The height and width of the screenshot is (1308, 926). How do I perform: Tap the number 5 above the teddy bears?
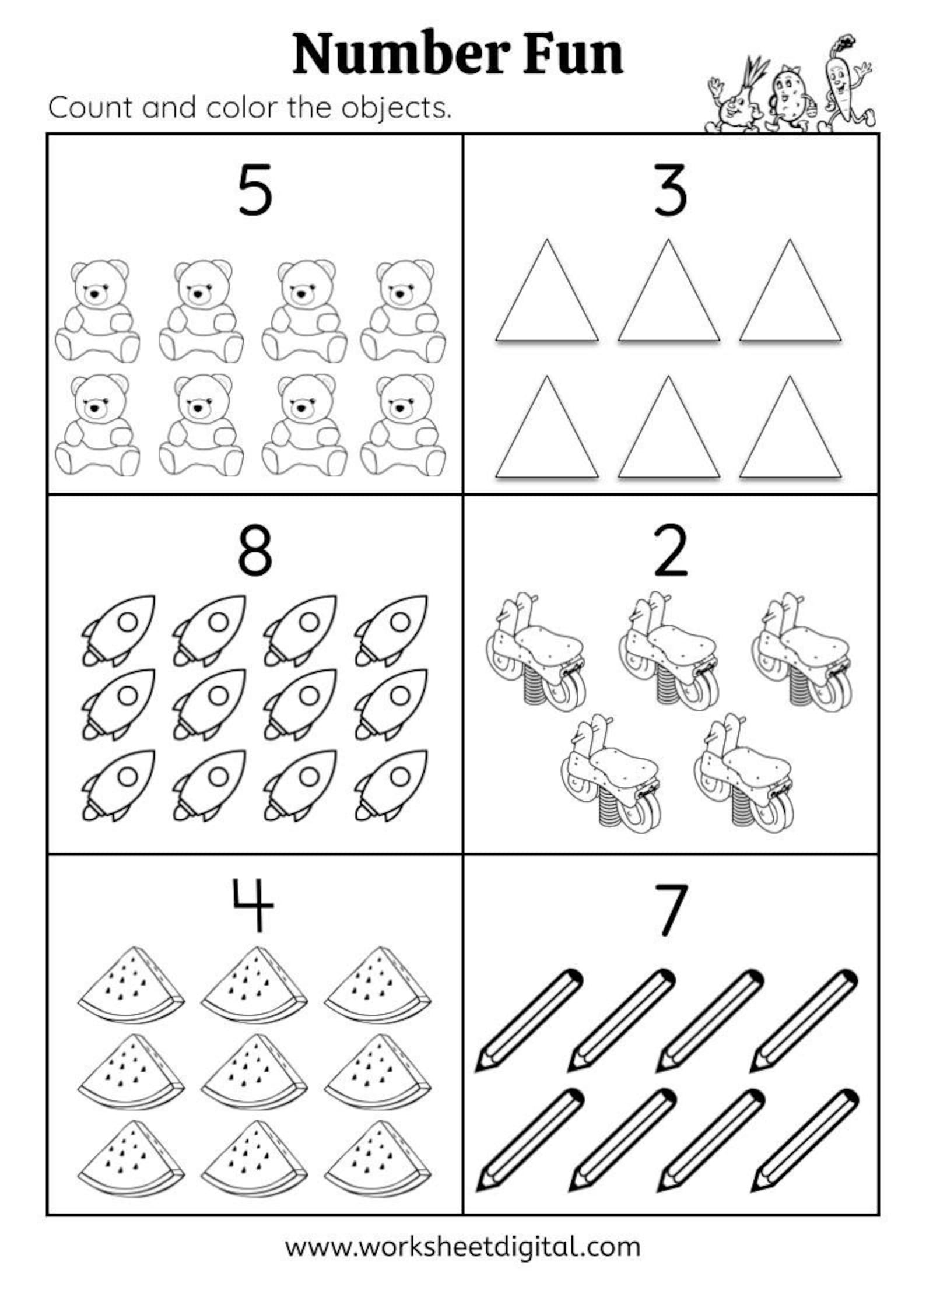pos(255,190)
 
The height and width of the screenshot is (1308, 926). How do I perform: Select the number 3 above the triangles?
pos(670,190)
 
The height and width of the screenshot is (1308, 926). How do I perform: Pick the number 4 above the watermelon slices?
pos(253,906)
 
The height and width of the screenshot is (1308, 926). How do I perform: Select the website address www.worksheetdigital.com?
pos(462,1246)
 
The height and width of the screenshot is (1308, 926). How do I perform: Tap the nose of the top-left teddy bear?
pos(93,296)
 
